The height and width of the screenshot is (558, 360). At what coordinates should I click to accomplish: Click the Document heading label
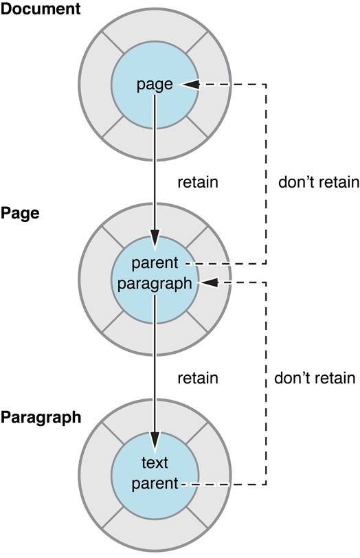click(x=41, y=9)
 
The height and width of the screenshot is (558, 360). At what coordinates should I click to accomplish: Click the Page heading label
click(x=20, y=214)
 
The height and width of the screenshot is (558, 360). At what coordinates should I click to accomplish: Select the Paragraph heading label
click(x=41, y=417)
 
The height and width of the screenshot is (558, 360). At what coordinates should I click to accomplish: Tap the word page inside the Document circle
click(x=155, y=85)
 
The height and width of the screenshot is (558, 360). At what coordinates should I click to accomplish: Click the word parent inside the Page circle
click(x=155, y=263)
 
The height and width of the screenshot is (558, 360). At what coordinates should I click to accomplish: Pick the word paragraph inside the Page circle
click(x=155, y=284)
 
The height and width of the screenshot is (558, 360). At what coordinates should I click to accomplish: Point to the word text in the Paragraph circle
click(x=155, y=462)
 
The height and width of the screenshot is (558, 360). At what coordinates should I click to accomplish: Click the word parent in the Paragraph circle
click(x=155, y=484)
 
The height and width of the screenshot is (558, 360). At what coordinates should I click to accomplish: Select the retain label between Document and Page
click(x=198, y=182)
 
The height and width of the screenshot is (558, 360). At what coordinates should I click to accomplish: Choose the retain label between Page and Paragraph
click(x=198, y=378)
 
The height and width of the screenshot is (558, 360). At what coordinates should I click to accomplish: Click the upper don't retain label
click(x=319, y=182)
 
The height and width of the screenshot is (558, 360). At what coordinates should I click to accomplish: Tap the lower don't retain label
click(x=315, y=378)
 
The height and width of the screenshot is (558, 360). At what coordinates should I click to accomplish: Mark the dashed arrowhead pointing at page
click(x=188, y=85)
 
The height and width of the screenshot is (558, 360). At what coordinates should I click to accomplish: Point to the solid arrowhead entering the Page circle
click(x=155, y=238)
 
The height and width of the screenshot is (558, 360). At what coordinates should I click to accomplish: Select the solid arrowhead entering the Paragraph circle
click(x=155, y=440)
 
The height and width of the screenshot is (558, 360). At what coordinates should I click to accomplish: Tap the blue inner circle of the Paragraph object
click(x=155, y=505)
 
